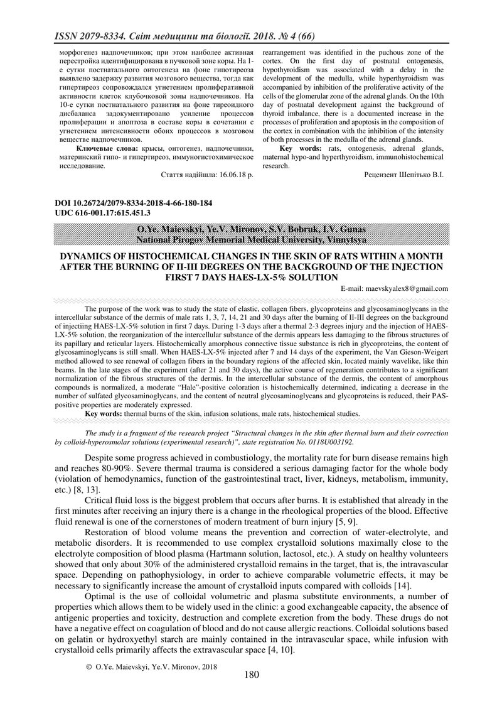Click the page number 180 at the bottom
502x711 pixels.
[x=251, y=675]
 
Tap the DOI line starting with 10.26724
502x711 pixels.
[x=129, y=204]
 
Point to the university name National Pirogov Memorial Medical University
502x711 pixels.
[x=250, y=239]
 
